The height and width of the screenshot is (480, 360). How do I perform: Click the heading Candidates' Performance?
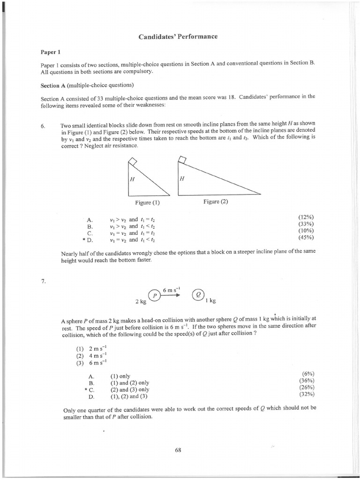tap(178, 37)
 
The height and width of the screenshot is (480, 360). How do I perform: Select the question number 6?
tap(43, 126)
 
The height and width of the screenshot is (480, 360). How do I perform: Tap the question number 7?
tap(43, 281)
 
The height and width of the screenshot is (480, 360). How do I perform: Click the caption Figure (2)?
tap(216, 202)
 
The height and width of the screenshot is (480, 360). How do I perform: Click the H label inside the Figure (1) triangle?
tap(133, 180)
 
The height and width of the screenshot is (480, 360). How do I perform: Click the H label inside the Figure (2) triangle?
tap(182, 179)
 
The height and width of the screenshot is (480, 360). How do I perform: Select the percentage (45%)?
tap(306, 237)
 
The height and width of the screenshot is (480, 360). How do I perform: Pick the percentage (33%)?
tap(306, 224)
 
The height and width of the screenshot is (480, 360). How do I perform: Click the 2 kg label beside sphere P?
tap(140, 301)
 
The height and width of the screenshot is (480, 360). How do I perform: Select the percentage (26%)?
tap(306, 387)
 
